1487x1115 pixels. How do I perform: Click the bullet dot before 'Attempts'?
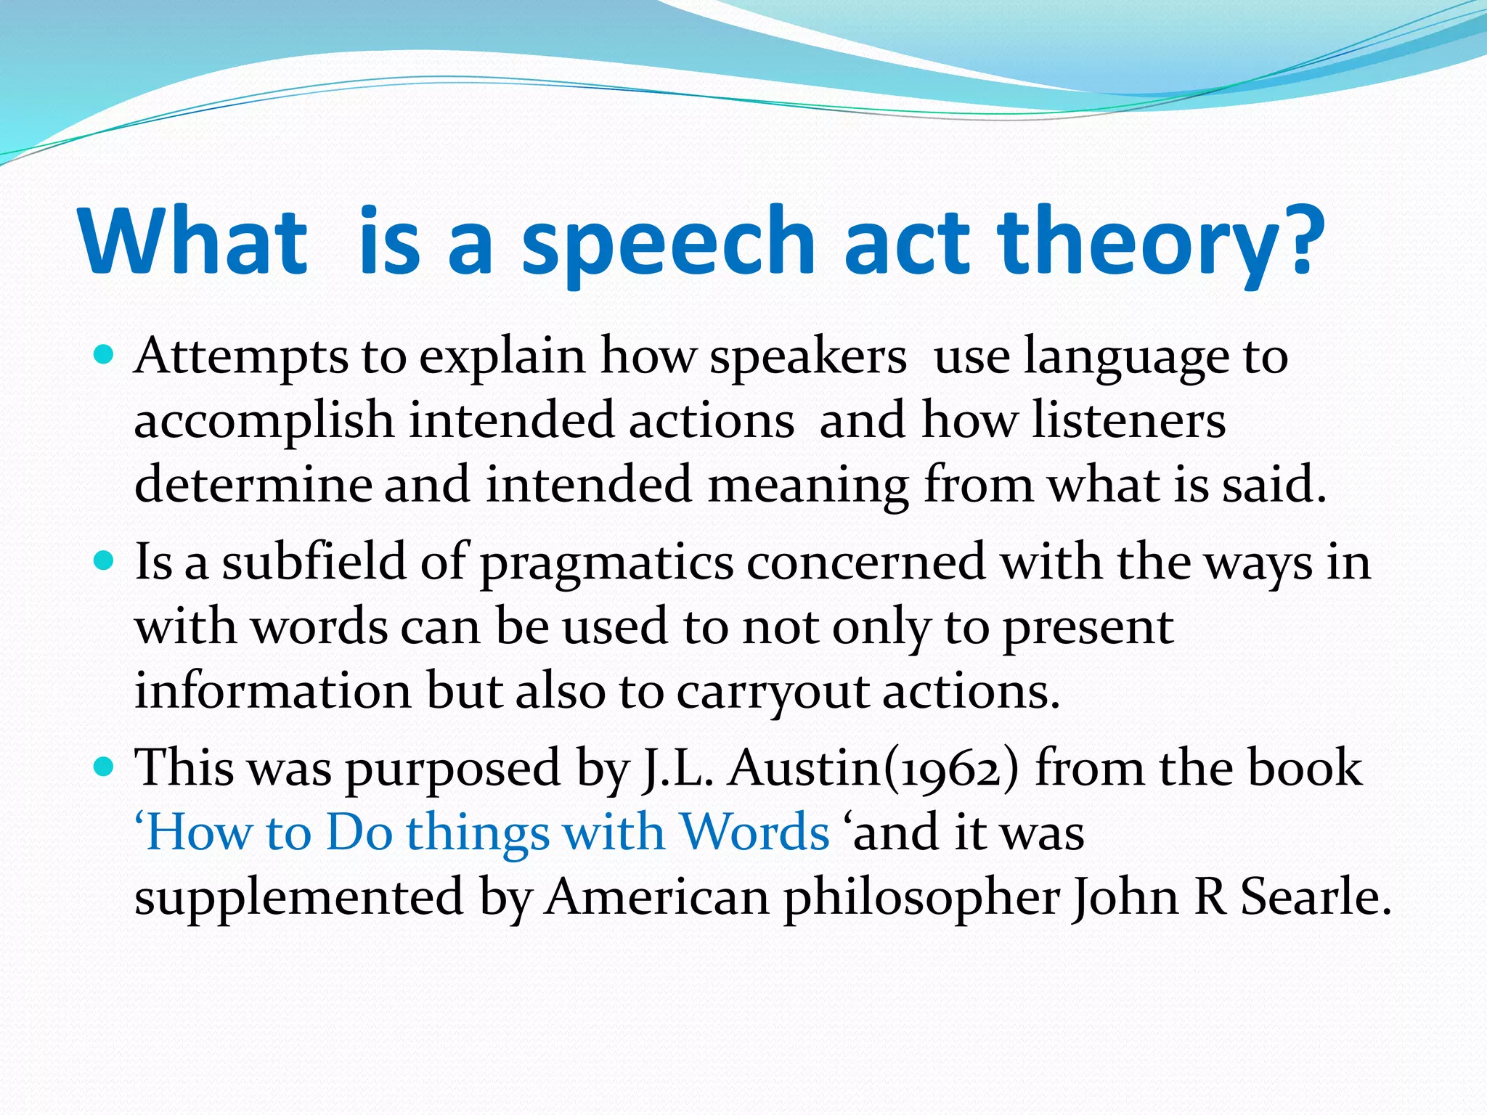pos(105,356)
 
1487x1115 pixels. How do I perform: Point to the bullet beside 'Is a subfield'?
pos(105,561)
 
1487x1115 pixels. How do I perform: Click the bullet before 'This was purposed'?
pos(105,767)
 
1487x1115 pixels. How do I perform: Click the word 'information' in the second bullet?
pos(273,690)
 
